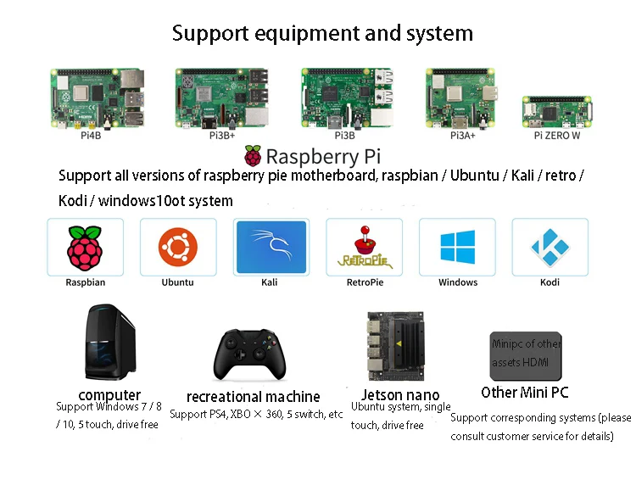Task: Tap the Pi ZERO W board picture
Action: coord(556,112)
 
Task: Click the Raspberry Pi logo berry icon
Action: coord(253,156)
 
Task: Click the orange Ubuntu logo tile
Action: coord(178,248)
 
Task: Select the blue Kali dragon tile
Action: coord(271,248)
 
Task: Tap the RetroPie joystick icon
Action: coord(364,248)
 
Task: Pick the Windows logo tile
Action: coord(457,248)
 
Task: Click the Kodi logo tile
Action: coord(550,248)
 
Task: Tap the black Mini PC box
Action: coord(526,354)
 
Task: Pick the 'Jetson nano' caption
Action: coord(400,394)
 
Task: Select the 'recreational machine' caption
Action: coord(253,396)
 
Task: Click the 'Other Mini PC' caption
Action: coord(524,392)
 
